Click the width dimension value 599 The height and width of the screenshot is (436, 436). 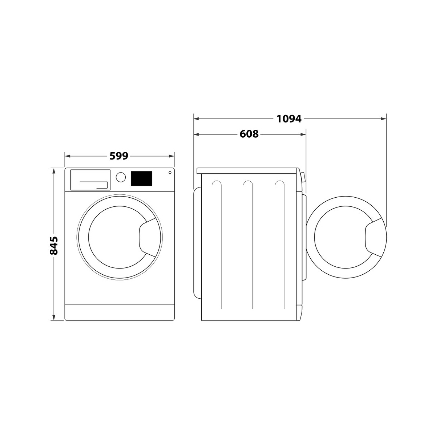click(x=119, y=156)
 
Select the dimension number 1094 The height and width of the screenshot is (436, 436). click(x=289, y=118)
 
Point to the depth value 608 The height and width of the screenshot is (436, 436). click(x=249, y=134)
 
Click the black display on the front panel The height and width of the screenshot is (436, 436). click(x=141, y=178)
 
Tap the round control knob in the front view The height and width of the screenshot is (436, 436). click(x=121, y=177)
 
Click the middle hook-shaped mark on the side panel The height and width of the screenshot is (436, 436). click(x=248, y=184)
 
